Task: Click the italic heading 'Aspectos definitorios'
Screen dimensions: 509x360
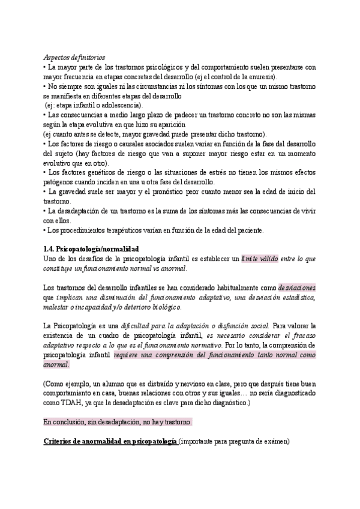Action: [x=75, y=57]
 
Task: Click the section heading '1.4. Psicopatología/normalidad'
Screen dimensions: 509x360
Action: [x=91, y=248]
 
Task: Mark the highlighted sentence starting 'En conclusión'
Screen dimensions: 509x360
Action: [x=118, y=422]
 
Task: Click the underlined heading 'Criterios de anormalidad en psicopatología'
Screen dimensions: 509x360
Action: [x=110, y=442]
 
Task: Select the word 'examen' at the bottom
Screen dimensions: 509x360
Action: [x=272, y=442]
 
